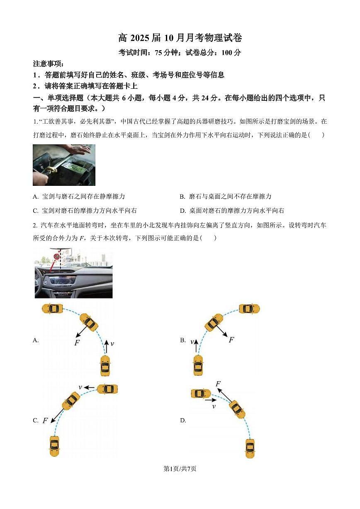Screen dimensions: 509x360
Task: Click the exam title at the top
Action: [x=180, y=38]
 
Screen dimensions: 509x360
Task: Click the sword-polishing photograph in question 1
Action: [x=64, y=165]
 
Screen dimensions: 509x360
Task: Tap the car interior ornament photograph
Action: [x=73, y=273]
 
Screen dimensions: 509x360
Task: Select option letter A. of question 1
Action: [x=36, y=197]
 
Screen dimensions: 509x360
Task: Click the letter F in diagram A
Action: [x=77, y=343]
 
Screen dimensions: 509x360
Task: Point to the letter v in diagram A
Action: [x=112, y=343]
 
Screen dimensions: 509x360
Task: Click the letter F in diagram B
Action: [x=231, y=340]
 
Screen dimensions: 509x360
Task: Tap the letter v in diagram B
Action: [x=192, y=341]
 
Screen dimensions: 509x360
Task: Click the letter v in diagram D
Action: [x=214, y=407]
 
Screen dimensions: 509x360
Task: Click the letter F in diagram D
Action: [x=218, y=384]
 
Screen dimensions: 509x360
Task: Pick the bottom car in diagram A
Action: [x=105, y=365]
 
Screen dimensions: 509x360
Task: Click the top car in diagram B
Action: [x=249, y=309]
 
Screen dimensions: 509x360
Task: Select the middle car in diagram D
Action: [x=237, y=409]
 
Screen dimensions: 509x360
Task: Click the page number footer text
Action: [x=180, y=469]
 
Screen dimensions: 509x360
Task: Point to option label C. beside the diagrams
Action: [x=36, y=421]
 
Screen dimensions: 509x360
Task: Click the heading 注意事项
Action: [x=49, y=64]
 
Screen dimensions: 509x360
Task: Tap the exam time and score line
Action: [x=180, y=53]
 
